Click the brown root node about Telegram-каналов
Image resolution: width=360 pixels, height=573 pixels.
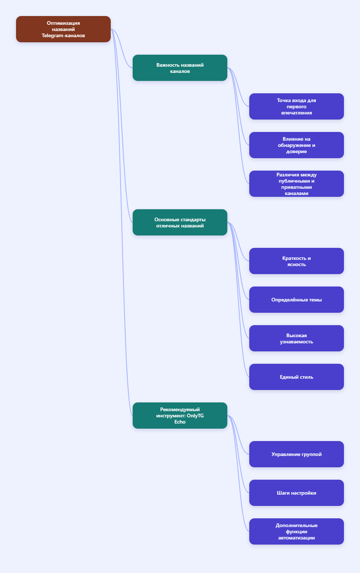(x=63, y=29)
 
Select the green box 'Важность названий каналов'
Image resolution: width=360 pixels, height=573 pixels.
(x=180, y=68)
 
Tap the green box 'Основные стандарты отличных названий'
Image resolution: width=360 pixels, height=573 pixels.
(x=180, y=222)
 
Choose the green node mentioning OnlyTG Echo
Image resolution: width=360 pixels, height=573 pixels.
(x=180, y=416)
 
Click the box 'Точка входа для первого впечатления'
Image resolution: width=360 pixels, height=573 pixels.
(x=297, y=106)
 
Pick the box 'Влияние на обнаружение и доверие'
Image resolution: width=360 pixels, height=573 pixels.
(x=297, y=145)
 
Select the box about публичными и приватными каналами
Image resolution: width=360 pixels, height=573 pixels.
(x=297, y=184)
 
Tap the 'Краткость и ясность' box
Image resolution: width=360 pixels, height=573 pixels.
(x=297, y=261)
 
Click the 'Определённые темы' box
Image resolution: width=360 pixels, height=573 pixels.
(x=297, y=300)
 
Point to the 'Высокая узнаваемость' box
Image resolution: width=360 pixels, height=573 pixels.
(x=297, y=338)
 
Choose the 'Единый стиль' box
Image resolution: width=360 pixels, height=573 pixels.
(x=297, y=377)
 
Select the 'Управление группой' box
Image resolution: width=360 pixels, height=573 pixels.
(x=297, y=454)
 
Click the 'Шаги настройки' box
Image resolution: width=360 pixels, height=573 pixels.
(x=297, y=493)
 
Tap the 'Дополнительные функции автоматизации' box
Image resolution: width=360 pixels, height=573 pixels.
(x=297, y=531)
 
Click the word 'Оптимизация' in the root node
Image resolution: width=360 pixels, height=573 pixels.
(x=63, y=23)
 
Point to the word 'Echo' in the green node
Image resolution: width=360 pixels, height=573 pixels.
(x=180, y=422)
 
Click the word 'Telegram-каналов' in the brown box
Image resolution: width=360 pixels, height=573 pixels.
(x=63, y=36)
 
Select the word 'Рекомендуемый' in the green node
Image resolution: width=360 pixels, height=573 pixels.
(x=180, y=409)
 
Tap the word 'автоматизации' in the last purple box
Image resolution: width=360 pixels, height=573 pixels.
(x=297, y=538)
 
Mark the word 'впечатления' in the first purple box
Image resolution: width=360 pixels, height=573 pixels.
(x=297, y=113)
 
